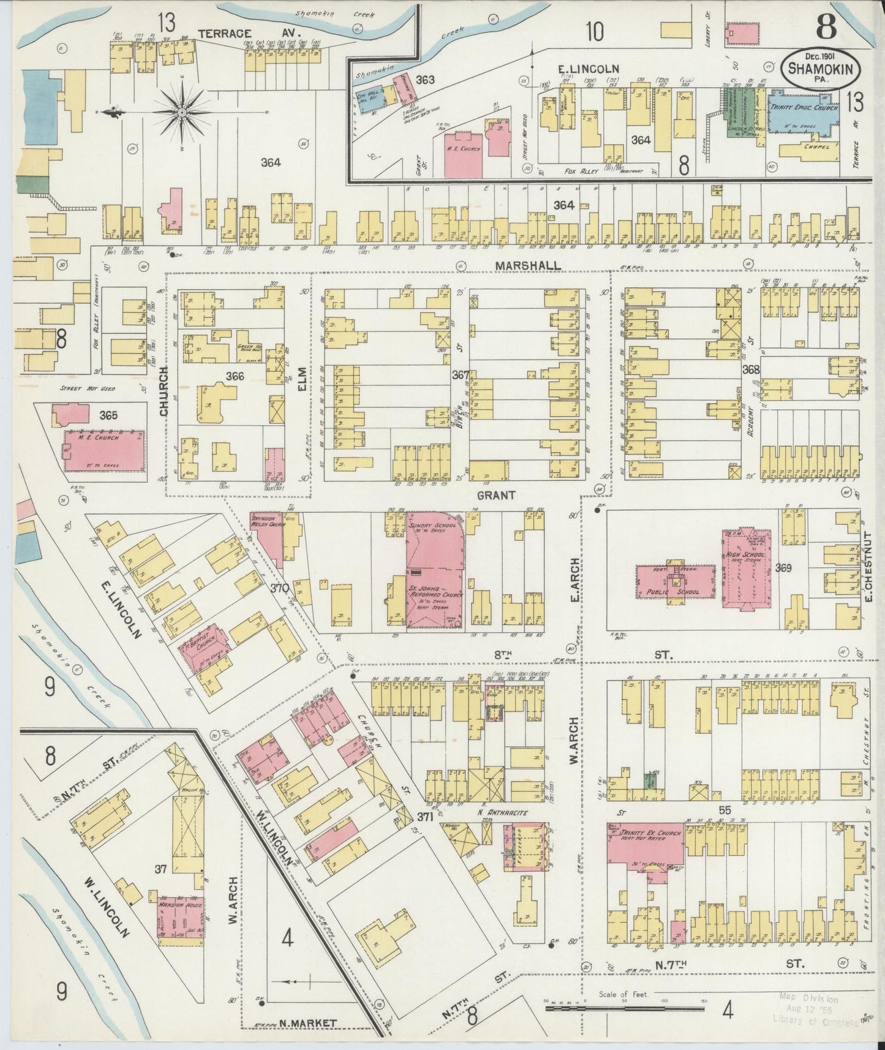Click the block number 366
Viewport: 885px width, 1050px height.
click(x=235, y=376)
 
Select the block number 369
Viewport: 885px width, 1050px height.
click(x=783, y=568)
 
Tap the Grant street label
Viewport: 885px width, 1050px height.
click(x=497, y=495)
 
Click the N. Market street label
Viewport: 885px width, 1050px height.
click(x=312, y=1023)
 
